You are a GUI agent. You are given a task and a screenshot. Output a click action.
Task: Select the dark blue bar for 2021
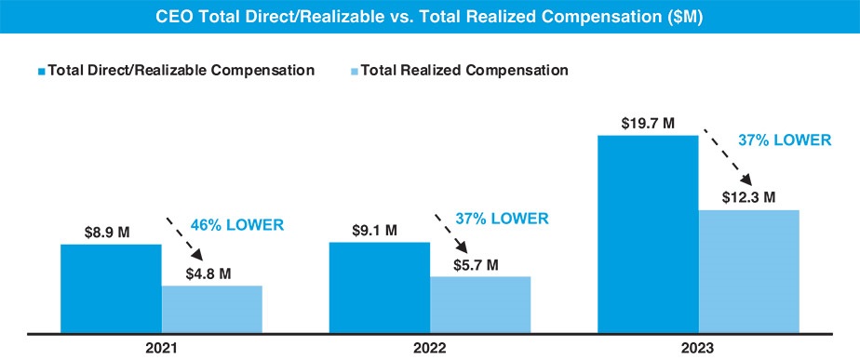pos(111,287)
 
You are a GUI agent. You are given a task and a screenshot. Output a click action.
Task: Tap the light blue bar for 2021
pos(212,308)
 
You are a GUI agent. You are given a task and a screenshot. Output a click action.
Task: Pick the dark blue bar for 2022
pos(380,287)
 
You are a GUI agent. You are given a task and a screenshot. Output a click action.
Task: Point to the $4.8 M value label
pos(211,273)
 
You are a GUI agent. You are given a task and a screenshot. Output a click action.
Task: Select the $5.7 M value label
pos(479,264)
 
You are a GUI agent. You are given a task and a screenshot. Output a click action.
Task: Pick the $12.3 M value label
pos(748,197)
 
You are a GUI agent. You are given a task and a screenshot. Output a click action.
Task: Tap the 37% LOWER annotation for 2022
pos(502,219)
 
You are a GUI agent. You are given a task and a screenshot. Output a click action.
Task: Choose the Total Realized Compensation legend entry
pos(464,70)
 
